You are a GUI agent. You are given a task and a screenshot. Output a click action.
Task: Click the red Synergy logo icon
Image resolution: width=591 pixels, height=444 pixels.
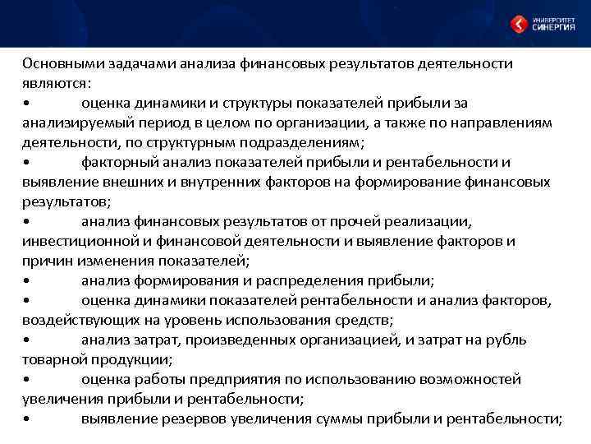pyautogui.click(x=519, y=24)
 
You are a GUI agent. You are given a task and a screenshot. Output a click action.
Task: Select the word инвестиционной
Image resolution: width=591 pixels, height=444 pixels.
pyautogui.click(x=76, y=241)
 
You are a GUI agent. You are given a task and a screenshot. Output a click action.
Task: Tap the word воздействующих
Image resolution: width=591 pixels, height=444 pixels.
pyautogui.click(x=78, y=320)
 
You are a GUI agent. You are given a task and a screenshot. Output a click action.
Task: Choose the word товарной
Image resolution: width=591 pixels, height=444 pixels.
pyautogui.click(x=53, y=359)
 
